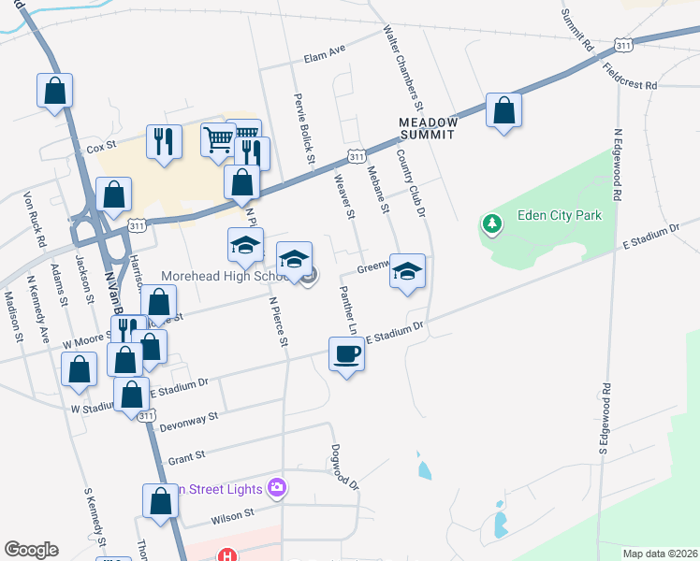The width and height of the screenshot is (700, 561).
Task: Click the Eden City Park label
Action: [559, 216]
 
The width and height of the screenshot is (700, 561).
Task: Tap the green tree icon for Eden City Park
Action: [491, 223]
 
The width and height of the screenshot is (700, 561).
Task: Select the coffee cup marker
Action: [346, 354]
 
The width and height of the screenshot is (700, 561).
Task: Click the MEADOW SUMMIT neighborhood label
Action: [428, 128]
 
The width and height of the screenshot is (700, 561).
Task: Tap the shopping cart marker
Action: [218, 141]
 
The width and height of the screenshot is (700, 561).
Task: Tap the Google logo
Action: [31, 549]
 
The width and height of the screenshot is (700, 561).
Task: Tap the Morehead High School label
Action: [223, 276]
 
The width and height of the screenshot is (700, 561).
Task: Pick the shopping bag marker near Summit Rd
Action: [503, 111]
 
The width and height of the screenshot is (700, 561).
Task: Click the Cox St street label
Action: [100, 147]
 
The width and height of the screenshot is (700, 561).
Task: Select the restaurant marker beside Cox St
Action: [164, 142]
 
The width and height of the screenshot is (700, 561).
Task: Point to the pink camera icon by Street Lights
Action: [276, 487]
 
